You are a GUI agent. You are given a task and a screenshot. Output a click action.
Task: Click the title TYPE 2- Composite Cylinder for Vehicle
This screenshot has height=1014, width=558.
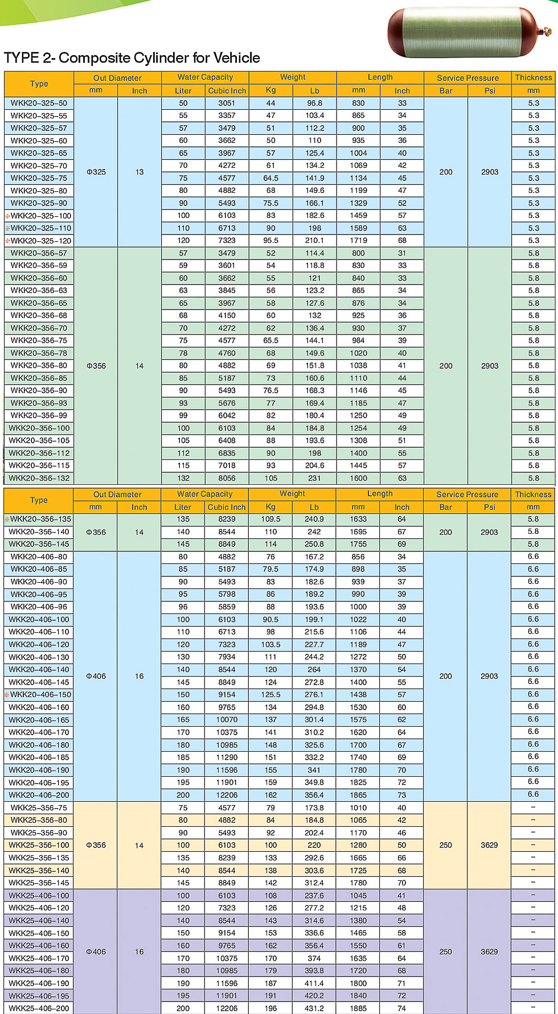(x=132, y=58)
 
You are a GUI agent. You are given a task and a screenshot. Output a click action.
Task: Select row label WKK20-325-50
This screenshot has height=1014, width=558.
(x=39, y=103)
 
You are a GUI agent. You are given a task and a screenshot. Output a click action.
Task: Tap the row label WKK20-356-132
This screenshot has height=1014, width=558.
(x=39, y=478)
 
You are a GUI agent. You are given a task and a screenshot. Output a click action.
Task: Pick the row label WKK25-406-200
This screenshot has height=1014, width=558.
(x=39, y=1008)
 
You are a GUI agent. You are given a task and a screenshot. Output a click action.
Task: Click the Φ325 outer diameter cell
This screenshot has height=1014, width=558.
(x=96, y=172)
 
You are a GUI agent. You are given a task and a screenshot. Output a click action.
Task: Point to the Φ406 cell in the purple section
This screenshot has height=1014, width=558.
(x=96, y=951)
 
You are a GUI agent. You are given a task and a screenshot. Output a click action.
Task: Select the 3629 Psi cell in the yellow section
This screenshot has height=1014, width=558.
(x=489, y=845)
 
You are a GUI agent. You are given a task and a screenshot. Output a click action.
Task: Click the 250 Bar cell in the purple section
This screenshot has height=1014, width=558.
(x=446, y=951)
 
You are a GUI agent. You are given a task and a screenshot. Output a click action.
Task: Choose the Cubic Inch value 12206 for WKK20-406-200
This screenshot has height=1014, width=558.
(x=227, y=795)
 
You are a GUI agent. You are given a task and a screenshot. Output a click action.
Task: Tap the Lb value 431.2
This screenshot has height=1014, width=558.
(x=314, y=1008)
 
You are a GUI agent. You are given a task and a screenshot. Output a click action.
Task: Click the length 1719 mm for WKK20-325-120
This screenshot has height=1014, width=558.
(x=358, y=240)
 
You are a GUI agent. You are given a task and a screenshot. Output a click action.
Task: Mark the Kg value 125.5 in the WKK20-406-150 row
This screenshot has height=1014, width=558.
(x=270, y=694)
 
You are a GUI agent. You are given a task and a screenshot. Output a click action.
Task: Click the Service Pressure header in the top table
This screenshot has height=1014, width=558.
(x=467, y=78)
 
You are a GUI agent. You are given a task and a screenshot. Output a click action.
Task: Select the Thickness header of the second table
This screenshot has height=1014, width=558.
(x=533, y=494)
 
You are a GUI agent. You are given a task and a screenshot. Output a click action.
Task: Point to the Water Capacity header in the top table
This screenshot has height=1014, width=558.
(x=205, y=77)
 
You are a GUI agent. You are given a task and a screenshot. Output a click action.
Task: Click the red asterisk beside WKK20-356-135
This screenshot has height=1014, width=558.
(x=7, y=519)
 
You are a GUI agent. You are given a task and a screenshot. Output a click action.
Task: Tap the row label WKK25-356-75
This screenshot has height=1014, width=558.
(x=39, y=807)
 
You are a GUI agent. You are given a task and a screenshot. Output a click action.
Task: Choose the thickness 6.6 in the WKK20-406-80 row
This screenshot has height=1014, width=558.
(x=533, y=557)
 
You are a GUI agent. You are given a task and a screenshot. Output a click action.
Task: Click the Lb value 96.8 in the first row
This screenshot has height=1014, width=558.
(x=314, y=103)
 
